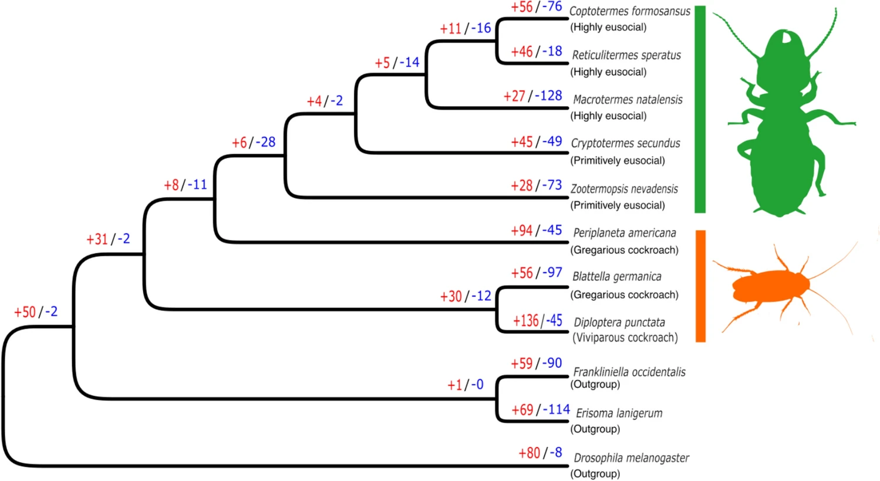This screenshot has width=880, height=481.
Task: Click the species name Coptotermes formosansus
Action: [630, 11]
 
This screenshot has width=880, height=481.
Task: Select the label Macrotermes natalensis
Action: [628, 99]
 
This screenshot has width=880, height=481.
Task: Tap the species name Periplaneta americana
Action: [625, 233]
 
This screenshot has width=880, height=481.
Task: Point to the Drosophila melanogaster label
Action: [631, 458]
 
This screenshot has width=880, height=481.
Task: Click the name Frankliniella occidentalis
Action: [629, 372]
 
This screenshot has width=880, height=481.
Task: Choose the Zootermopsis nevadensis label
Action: [624, 189]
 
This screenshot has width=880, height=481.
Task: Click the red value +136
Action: [526, 321]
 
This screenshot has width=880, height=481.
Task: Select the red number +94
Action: [522, 231]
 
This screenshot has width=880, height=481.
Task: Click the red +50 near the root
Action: [25, 312]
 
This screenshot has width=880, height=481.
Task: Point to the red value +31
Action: [97, 239]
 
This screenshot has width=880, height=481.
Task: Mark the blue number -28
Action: [265, 142]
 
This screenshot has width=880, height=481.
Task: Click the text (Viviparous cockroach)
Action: [625, 338]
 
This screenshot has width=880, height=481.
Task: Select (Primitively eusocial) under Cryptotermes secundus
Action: [618, 161]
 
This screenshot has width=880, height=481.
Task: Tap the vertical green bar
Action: [700, 109]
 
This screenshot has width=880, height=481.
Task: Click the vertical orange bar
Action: [700, 286]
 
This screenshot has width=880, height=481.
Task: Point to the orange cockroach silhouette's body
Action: [771, 286]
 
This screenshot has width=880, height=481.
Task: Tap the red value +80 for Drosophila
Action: [529, 453]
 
